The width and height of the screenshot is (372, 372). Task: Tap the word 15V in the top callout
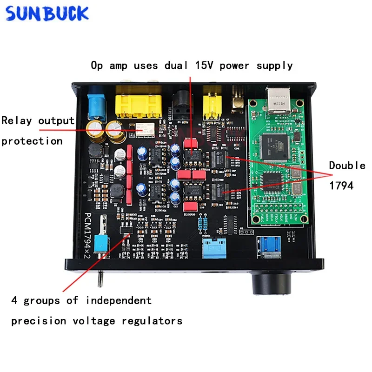pos(204,65)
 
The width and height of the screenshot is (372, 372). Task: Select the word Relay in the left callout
pos(17,121)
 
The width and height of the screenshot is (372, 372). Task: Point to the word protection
pos(32,141)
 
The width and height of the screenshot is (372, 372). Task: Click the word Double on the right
pos(347,166)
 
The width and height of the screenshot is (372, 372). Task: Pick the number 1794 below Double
pos(341,186)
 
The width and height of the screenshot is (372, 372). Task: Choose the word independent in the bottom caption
pos(118,300)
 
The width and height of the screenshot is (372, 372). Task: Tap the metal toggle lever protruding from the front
pos(100,278)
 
